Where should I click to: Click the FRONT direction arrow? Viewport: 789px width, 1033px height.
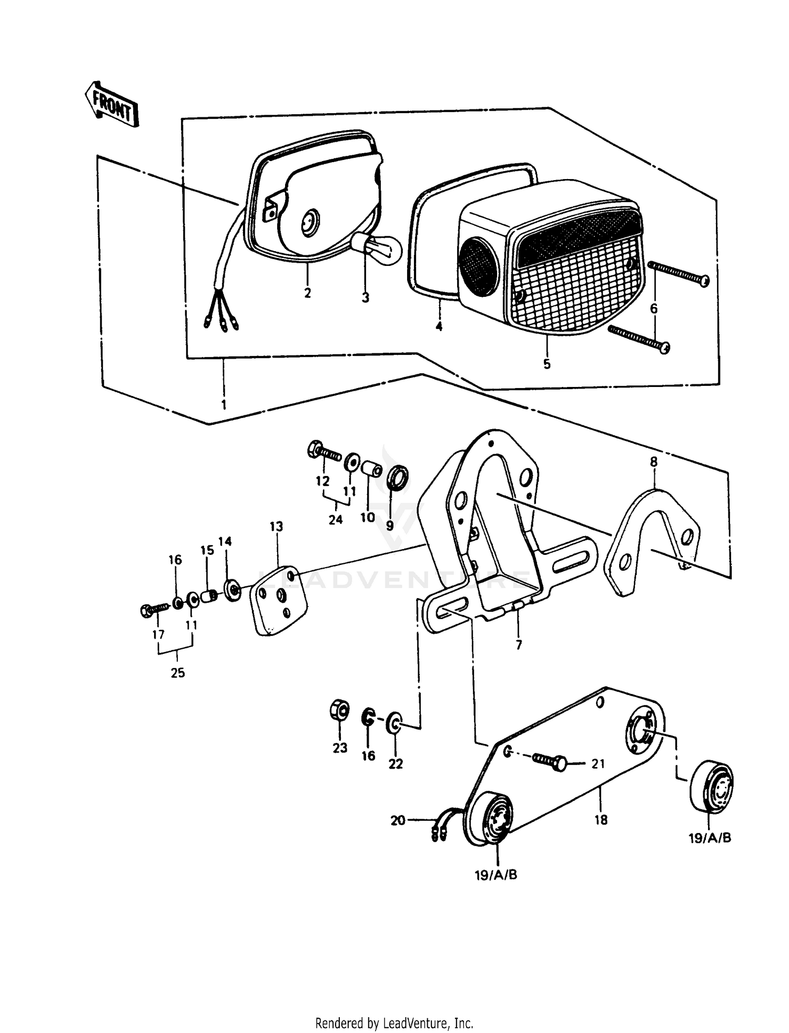tap(112, 104)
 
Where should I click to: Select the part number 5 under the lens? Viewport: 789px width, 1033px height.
tap(547, 364)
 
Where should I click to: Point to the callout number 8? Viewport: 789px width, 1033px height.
tap(653, 462)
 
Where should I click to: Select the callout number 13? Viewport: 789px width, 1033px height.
tap(276, 527)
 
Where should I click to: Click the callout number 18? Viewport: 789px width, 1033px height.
tap(601, 820)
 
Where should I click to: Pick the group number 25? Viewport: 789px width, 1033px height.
tap(177, 672)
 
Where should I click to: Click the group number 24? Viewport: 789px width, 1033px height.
tap(335, 520)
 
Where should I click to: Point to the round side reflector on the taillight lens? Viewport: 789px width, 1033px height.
tap(478, 261)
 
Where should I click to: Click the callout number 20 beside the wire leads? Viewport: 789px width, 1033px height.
tap(398, 820)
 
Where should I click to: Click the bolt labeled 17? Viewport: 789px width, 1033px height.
tap(153, 610)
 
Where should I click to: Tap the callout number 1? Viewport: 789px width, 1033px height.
tap(224, 404)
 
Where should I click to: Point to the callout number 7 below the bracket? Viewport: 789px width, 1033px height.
tap(519, 644)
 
